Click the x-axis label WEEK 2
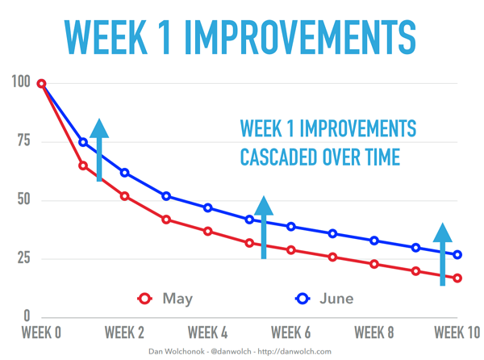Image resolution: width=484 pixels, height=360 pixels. (x=124, y=332)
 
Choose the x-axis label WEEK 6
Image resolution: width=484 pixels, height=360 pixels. (x=290, y=332)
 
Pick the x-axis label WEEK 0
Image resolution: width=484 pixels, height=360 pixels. (x=40, y=332)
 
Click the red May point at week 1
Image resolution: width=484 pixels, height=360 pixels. (x=83, y=165)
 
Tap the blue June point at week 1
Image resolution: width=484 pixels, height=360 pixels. (x=83, y=142)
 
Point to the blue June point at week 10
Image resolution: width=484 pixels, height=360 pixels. (x=457, y=255)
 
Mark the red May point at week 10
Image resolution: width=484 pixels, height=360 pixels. (x=457, y=278)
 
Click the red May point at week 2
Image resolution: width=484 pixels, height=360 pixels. (x=124, y=196)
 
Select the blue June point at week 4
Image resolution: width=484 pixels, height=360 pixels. (x=208, y=207)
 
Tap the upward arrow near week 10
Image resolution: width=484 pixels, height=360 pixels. (x=443, y=254)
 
